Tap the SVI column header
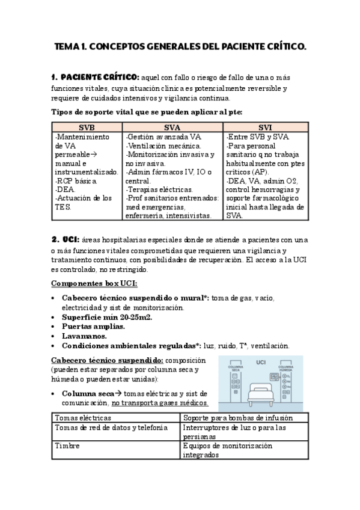[x=265, y=127]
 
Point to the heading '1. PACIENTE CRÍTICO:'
[x=95, y=77]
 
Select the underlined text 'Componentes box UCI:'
[x=94, y=283]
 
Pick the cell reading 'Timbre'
[x=67, y=446]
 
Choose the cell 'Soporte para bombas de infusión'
[x=238, y=417]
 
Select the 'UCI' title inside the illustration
[x=261, y=362]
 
